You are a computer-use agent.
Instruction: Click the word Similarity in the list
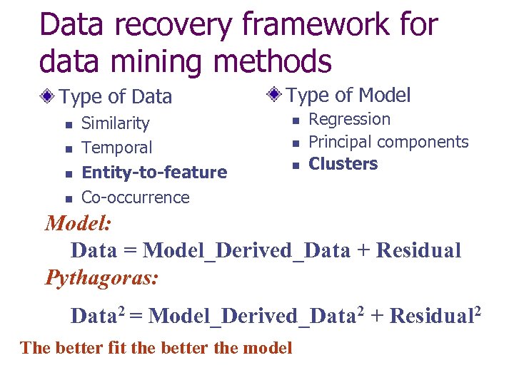pos(116,123)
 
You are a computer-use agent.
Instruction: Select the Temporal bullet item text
pos(117,148)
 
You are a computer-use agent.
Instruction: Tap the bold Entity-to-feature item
pos(154,173)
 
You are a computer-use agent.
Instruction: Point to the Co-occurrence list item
pos(136,197)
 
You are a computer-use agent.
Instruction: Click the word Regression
pos(349,119)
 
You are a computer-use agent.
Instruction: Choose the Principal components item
pos(388,142)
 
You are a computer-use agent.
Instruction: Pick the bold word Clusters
pos(343,164)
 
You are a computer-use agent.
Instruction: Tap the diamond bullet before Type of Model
pos(275,94)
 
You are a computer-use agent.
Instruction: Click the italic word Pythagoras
pos(102,277)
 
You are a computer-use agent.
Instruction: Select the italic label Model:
pos(78,223)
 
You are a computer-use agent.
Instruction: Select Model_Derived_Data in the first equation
pos(247,250)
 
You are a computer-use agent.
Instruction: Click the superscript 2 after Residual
pos(477,309)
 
